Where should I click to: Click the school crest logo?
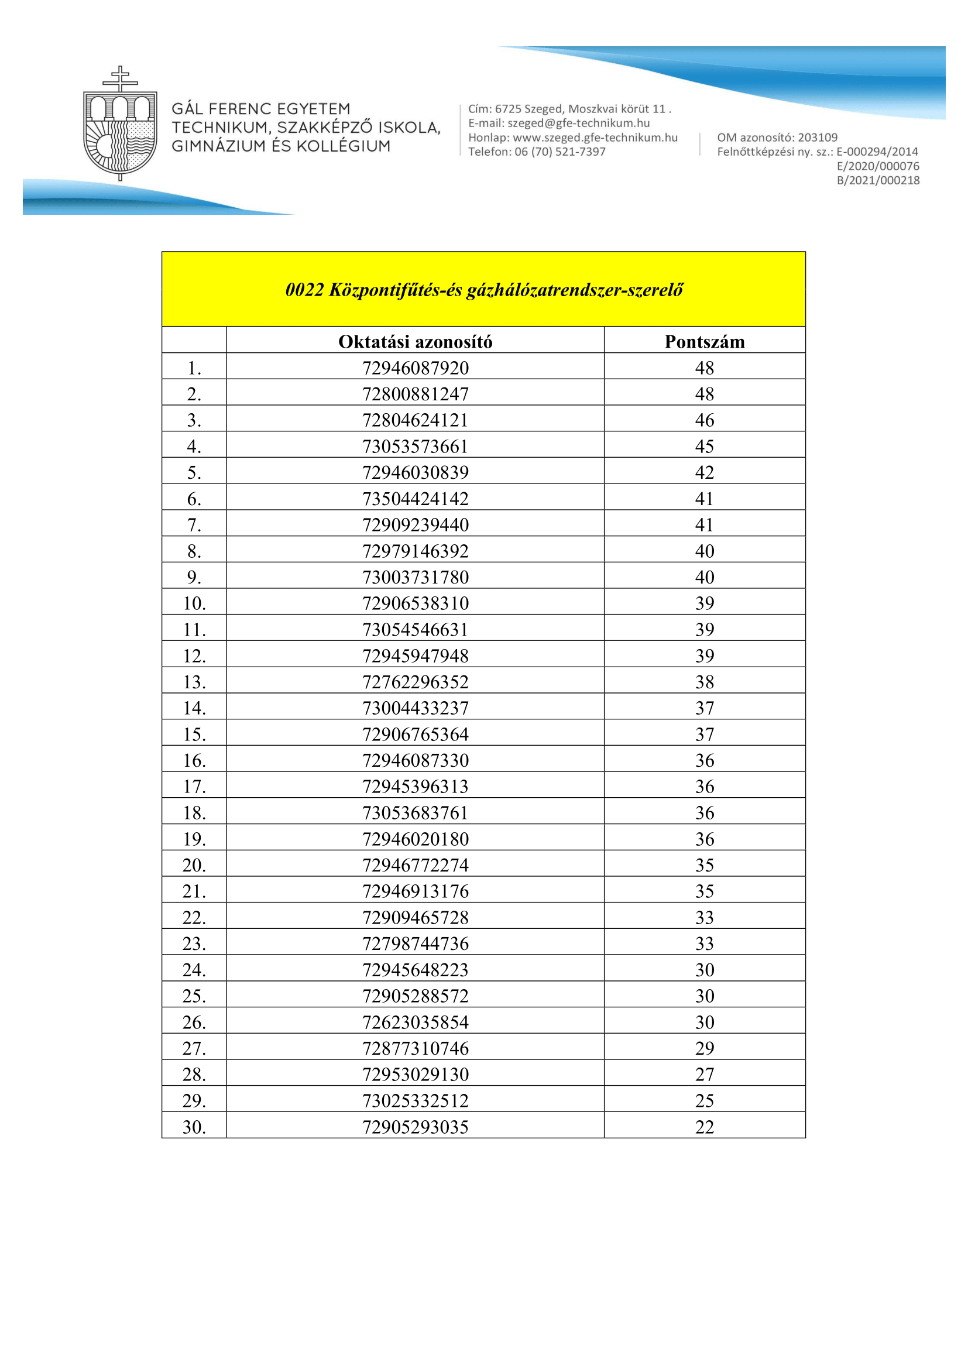(120, 124)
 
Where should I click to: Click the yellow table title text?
(483, 290)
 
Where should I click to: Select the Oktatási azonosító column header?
(415, 342)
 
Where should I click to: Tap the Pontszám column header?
(705, 342)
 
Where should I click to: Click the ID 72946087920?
(415, 368)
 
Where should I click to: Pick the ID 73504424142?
(415, 499)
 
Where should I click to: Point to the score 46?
(705, 420)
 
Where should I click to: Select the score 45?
(705, 447)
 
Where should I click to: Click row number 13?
(194, 682)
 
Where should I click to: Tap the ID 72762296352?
(415, 682)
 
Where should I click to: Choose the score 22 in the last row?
(705, 1127)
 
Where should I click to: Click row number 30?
(194, 1127)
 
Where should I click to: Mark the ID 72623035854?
(415, 1023)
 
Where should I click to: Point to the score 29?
(705, 1048)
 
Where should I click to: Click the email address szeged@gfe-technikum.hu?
(578, 123)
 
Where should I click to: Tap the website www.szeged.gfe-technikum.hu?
(595, 138)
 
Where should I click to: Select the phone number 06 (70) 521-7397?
(559, 152)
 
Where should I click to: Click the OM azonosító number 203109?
(817, 138)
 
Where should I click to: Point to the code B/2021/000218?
(878, 181)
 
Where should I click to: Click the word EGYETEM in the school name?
(313, 109)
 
